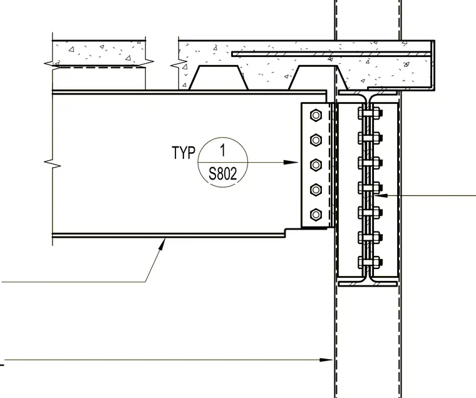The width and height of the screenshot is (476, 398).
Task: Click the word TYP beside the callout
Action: [184, 152]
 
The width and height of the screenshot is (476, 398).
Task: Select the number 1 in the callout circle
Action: [223, 150]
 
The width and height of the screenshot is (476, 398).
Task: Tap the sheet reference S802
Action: [223, 174]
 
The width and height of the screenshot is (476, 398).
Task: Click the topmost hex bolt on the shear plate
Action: [316, 115]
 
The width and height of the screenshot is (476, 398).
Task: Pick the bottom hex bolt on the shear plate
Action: [316, 215]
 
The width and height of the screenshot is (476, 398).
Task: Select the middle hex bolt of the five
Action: [316, 165]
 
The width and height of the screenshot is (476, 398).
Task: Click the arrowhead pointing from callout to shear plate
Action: [291, 162]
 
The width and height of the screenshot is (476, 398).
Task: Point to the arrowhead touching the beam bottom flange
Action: [162, 244]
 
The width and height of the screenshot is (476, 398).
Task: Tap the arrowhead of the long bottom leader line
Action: [326, 360]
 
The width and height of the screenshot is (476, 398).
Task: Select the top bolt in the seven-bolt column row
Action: [370, 113]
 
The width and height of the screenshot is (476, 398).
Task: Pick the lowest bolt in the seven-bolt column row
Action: [370, 262]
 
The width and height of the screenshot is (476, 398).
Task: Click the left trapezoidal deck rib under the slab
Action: [219, 78]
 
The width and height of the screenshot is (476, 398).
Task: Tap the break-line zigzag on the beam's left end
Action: [53, 164]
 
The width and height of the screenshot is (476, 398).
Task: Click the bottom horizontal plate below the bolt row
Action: [368, 284]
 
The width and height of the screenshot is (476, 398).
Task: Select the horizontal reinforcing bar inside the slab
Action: [331, 54]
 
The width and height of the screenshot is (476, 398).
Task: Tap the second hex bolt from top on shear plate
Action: [316, 140]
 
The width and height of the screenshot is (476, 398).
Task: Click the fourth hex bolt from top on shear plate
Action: [316, 190]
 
